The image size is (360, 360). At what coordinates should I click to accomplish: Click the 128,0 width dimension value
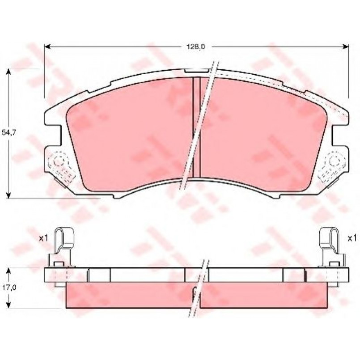coord(195,47)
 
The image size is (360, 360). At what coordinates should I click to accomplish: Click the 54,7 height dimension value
coord(8,132)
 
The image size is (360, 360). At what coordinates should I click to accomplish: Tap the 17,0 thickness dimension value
coord(8,288)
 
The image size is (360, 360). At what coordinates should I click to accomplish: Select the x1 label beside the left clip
coord(43,238)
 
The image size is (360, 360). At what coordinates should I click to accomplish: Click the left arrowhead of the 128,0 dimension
coord(47,47)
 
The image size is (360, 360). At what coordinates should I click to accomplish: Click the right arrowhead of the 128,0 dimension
coord(346,47)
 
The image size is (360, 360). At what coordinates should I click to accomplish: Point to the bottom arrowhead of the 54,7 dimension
coord(8,195)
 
